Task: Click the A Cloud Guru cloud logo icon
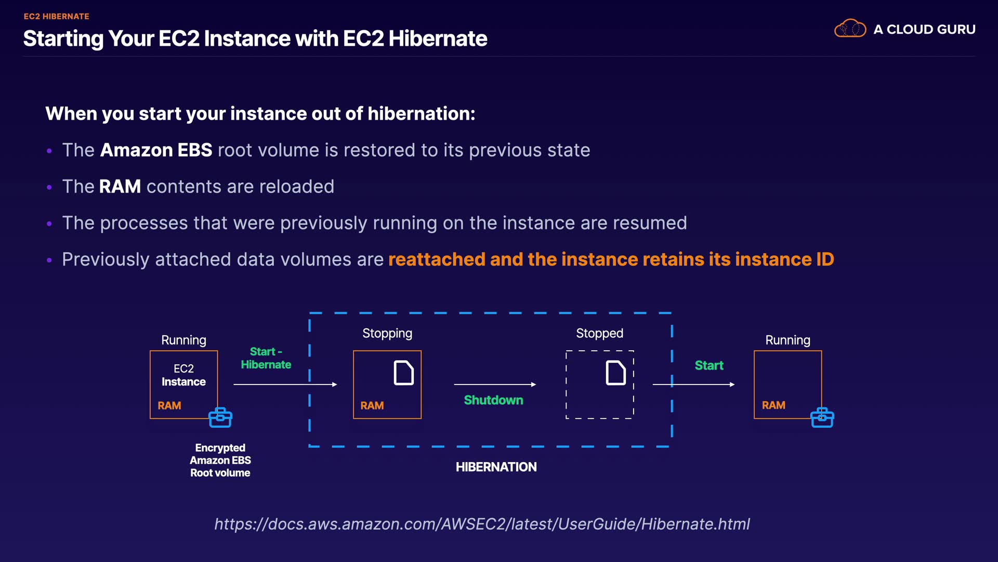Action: [x=850, y=29]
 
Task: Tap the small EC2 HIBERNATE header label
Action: [x=56, y=16]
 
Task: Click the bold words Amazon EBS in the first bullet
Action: [x=156, y=150]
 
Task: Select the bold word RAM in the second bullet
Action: [x=120, y=186]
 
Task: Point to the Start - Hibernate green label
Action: [x=266, y=358]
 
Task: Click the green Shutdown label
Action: [x=493, y=400]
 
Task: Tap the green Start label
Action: [x=709, y=365]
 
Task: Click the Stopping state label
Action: [x=387, y=333]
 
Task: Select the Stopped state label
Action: [x=599, y=333]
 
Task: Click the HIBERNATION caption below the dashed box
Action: [x=496, y=467]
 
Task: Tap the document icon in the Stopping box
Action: [x=404, y=373]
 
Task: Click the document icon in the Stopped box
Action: [x=615, y=373]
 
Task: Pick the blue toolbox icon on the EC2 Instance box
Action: [x=220, y=417]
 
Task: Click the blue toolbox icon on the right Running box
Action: [x=822, y=417]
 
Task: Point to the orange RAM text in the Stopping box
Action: [x=372, y=405]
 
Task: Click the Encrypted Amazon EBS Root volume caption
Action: [x=220, y=460]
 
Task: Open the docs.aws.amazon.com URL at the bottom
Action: [x=482, y=523]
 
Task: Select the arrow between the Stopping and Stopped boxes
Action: [x=494, y=384]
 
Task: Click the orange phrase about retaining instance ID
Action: [x=611, y=259]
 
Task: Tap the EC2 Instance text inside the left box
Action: [x=183, y=375]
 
